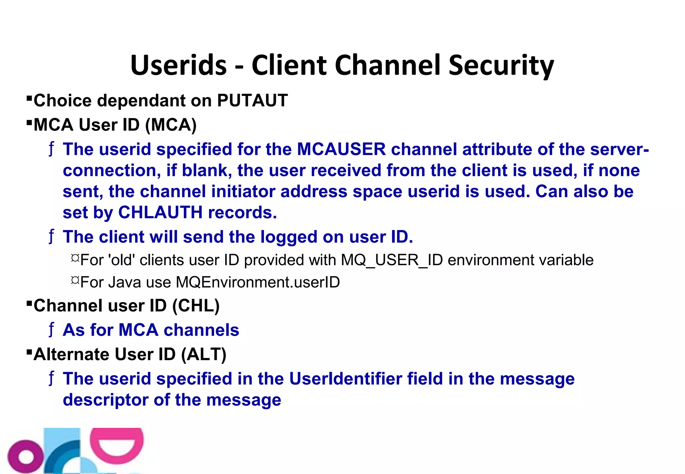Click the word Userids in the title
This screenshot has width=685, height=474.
point(179,65)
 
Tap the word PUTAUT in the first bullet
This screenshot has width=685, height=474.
point(252,100)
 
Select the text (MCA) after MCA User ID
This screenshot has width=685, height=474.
point(171,125)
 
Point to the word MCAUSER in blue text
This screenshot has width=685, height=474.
point(341,149)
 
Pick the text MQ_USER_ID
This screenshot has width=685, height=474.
point(392,260)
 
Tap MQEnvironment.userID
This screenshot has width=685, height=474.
point(258,282)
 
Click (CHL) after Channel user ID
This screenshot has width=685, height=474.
point(196,306)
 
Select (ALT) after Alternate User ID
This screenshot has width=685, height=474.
point(203,354)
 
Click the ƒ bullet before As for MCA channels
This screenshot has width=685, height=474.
point(51,330)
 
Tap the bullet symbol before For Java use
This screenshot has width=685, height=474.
point(75,280)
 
